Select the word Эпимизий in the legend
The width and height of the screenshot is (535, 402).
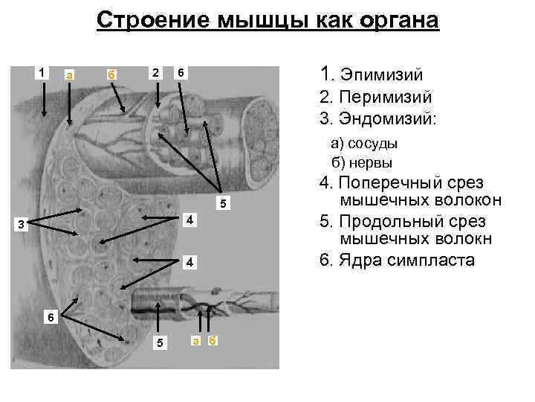pos(380,74)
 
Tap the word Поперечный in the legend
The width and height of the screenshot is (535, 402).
pos(387,182)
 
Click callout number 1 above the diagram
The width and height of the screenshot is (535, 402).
pos(42,72)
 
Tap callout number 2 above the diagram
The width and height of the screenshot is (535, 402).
pos(155,72)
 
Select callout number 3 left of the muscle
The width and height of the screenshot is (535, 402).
pos(22,226)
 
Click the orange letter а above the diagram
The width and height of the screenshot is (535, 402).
pos(69,74)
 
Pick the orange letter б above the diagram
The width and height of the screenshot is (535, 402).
pos(110,74)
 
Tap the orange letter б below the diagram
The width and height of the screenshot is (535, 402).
pos(213,341)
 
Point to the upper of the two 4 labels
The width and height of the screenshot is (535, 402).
pos(190,220)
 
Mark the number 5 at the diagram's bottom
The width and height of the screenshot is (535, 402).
pos(156,342)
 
